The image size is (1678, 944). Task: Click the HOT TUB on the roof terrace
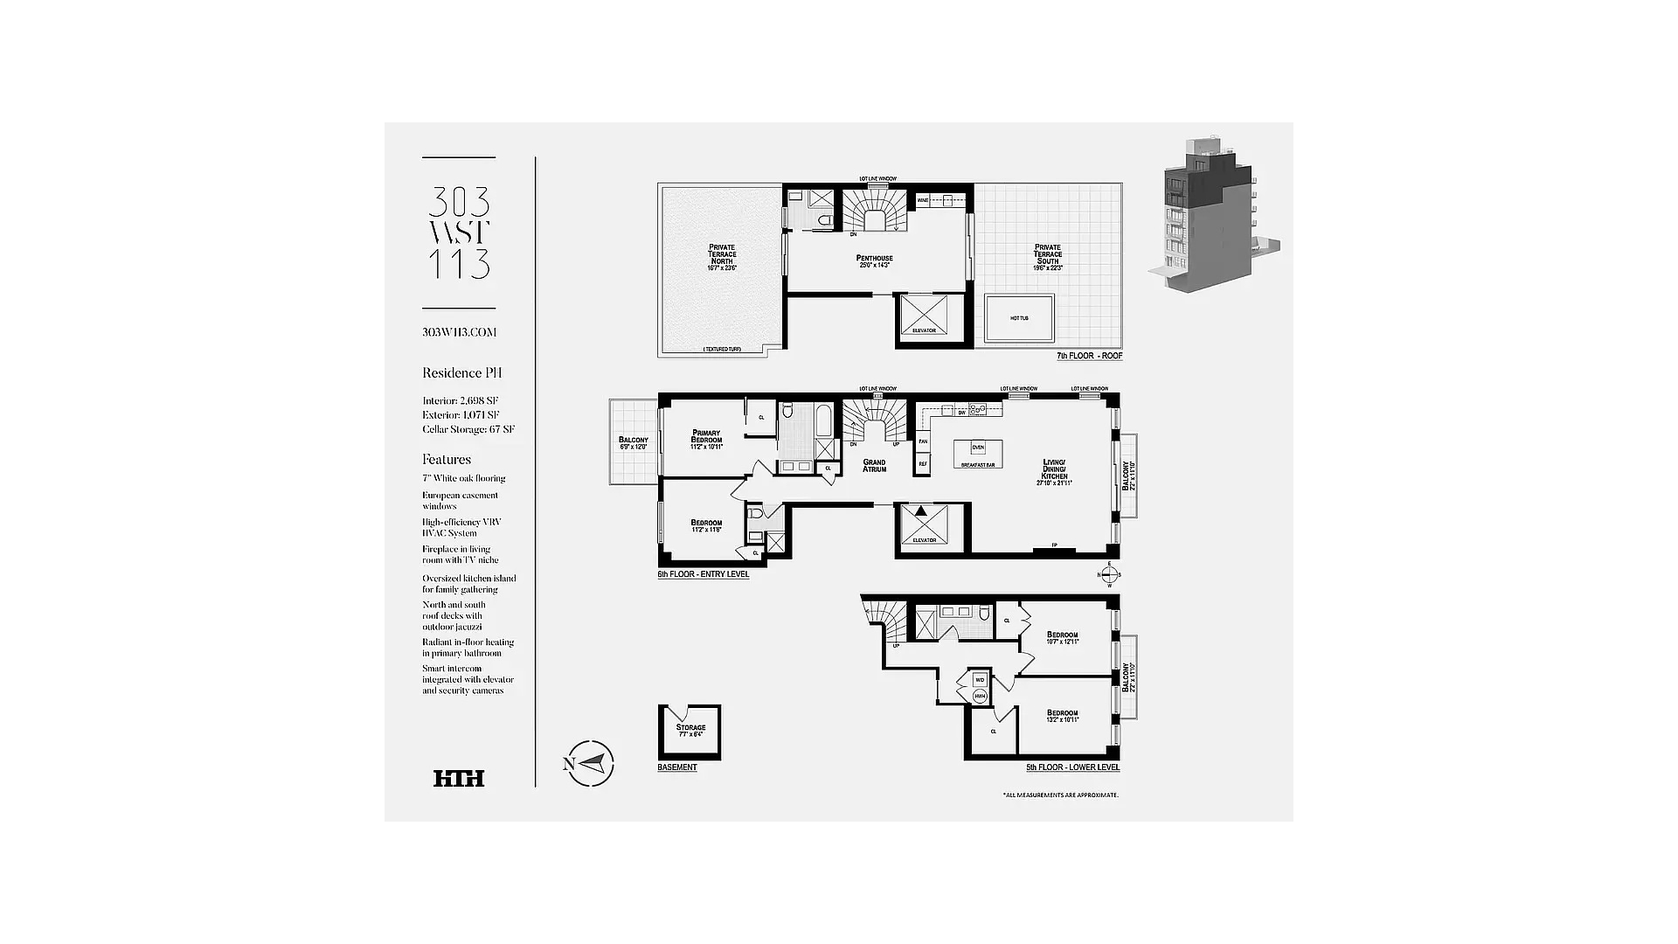[1019, 318]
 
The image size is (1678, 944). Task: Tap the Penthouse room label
[874, 260]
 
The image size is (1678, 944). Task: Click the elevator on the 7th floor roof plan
[924, 316]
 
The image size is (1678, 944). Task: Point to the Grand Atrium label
[874, 466]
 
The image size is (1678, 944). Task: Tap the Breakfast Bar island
[978, 455]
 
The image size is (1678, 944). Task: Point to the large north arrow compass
[591, 763]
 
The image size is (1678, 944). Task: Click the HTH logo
[459, 778]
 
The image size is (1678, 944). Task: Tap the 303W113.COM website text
[459, 332]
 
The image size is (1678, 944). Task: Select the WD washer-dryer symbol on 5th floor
[980, 679]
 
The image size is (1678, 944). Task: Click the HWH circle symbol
[980, 696]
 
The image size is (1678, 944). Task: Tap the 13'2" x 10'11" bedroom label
[1063, 716]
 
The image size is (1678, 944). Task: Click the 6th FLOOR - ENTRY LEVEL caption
[703, 574]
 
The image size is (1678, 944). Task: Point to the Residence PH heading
[461, 373]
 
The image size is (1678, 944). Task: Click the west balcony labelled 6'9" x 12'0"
[633, 442]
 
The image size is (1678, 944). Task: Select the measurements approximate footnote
[1060, 795]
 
